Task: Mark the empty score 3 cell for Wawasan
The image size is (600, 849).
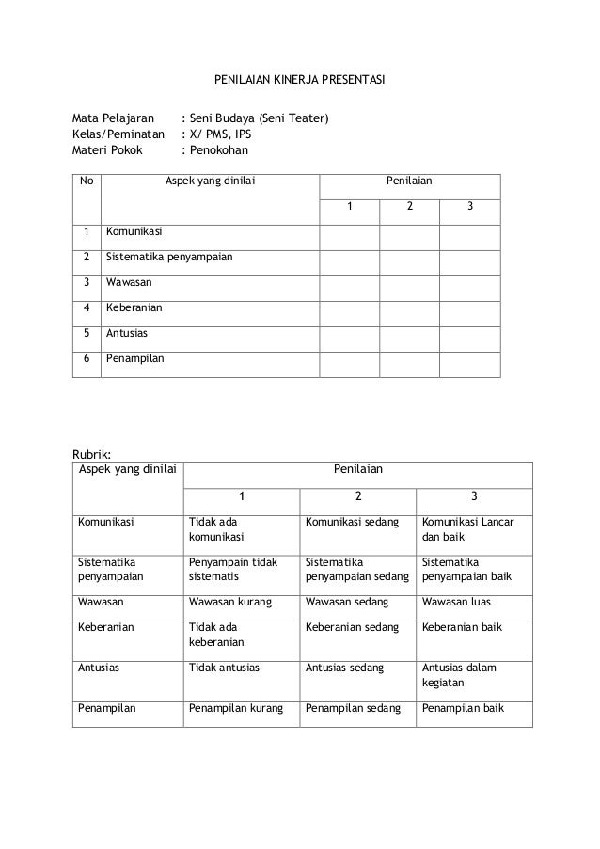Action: (469, 281)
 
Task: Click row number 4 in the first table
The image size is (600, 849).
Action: (87, 307)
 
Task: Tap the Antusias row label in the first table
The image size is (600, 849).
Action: (127, 332)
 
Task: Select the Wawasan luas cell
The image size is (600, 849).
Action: (457, 603)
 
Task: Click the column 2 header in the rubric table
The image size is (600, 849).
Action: (358, 496)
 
